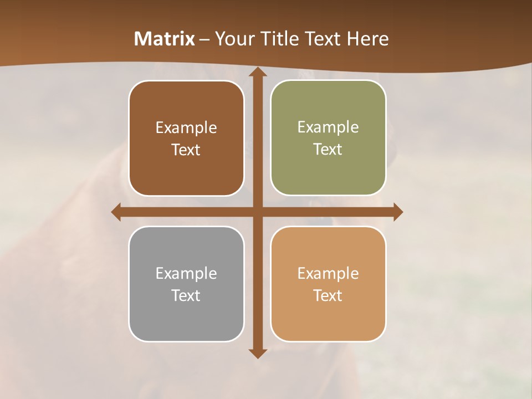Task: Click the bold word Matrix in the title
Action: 165,39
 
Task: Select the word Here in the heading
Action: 367,39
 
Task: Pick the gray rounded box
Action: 186,316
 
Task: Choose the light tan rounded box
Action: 328,316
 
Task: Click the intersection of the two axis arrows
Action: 257,212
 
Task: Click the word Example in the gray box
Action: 186,274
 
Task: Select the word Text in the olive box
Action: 328,150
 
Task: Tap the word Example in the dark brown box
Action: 186,128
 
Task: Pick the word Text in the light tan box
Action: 328,295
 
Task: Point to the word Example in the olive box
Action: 328,127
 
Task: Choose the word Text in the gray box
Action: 186,295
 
